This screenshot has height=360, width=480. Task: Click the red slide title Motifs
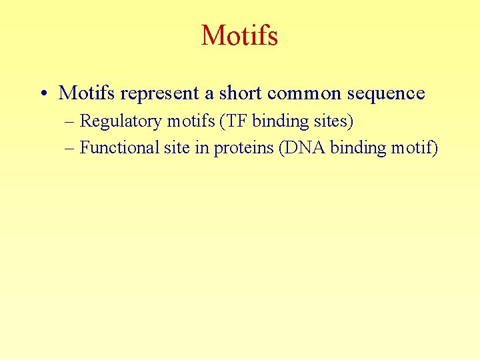239,35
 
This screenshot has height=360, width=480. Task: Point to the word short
227,93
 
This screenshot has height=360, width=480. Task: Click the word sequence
386,94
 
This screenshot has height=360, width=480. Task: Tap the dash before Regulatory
71,121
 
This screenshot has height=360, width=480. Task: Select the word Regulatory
121,122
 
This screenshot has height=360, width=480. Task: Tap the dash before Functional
71,147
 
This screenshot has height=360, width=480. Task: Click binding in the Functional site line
359,148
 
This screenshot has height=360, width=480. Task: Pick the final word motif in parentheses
414,147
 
